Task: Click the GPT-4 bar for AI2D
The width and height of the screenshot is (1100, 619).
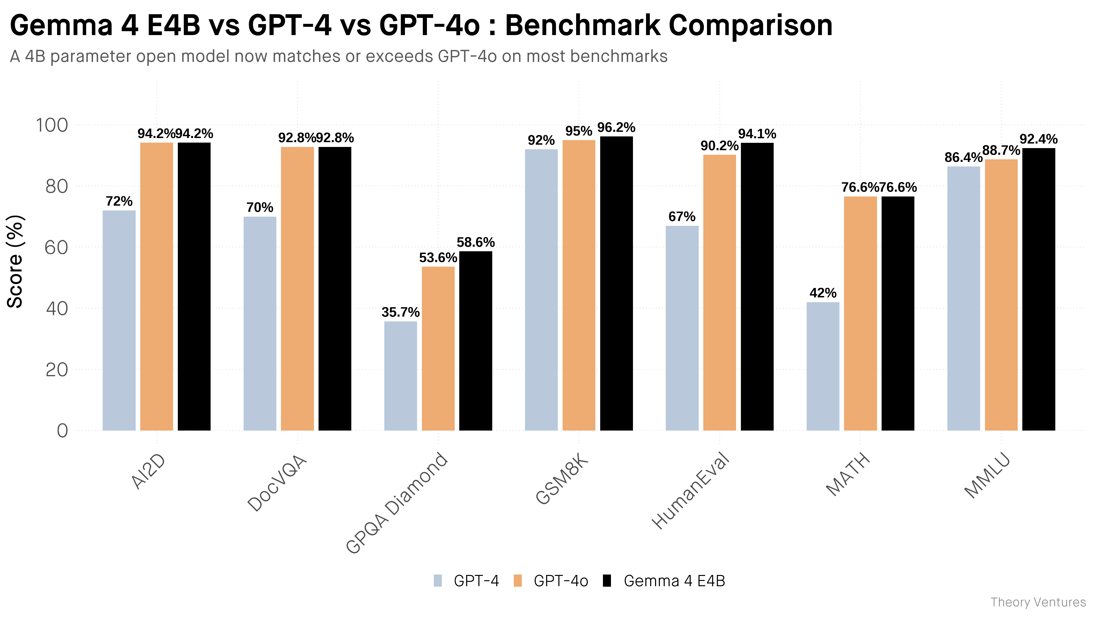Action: tap(119, 321)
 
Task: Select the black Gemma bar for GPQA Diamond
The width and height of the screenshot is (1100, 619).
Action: tap(476, 341)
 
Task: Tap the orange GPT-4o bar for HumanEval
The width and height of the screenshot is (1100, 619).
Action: tap(720, 293)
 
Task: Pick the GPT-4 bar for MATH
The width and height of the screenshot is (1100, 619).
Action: tap(823, 367)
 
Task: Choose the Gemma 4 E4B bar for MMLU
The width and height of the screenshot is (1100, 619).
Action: tap(1039, 289)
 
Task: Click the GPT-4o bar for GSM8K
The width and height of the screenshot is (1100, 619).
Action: tap(579, 285)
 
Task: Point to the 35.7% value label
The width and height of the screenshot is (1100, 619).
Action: tap(401, 312)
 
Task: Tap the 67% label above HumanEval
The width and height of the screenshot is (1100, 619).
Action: tap(682, 217)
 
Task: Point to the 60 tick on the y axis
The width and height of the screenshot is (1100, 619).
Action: tap(56, 247)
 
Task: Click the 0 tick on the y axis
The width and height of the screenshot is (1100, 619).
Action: tap(62, 431)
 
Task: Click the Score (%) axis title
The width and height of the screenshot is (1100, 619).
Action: tap(15, 261)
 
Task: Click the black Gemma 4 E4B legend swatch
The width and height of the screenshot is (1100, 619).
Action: tap(607, 581)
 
